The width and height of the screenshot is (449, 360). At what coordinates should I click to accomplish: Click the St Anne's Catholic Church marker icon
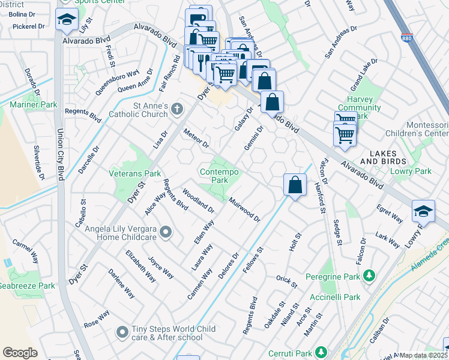click(x=176, y=109)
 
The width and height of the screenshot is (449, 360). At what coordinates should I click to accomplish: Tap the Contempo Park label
click(x=219, y=176)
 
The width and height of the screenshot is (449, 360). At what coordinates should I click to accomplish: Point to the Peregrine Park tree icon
click(x=370, y=275)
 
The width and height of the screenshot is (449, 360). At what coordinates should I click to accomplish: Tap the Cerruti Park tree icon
click(x=322, y=352)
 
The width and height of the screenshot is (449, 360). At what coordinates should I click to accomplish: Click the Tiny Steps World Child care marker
click(x=122, y=331)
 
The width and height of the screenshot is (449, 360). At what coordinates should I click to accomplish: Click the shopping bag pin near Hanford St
click(x=295, y=185)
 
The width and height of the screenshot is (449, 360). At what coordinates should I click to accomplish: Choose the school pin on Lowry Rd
click(x=423, y=212)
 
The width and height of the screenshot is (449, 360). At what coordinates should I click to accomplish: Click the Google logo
click(x=20, y=353)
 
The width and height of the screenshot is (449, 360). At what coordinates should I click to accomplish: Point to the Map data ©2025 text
click(x=423, y=355)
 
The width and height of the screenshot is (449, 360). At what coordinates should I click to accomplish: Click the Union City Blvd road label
click(x=59, y=150)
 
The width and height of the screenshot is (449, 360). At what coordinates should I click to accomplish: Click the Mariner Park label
click(x=33, y=105)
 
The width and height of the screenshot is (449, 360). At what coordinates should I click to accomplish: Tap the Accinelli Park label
click(x=336, y=297)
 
